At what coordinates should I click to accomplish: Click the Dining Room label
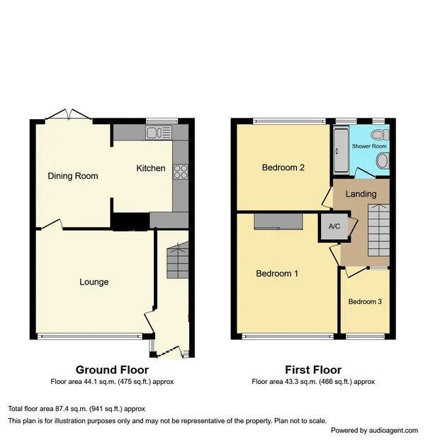(x=73, y=176)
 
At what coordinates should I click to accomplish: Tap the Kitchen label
(x=151, y=168)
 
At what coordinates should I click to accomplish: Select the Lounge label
(x=94, y=282)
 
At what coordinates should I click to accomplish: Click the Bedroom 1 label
(x=277, y=273)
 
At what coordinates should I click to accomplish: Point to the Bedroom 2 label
(x=283, y=168)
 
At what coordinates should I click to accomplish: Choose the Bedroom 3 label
(x=365, y=302)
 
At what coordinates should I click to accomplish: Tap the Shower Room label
(x=370, y=146)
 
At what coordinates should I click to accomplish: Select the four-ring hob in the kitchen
(x=179, y=170)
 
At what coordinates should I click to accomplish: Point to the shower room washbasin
(x=383, y=163)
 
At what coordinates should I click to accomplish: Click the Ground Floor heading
(x=112, y=370)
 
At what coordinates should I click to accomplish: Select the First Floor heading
(x=313, y=370)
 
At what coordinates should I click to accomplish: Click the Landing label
(x=361, y=194)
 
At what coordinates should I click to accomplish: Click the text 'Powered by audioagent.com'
(x=378, y=430)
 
